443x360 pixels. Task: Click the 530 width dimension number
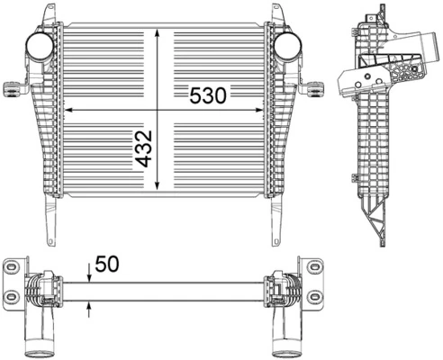(210, 94)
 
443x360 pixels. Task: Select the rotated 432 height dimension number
(144, 148)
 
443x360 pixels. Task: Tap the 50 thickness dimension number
(106, 264)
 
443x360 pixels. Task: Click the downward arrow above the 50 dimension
(89, 274)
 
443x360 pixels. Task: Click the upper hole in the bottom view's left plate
(12, 267)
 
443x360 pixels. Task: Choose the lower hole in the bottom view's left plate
(12, 297)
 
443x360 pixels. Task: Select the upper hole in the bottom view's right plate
(313, 267)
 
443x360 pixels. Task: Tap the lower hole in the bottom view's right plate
(313, 297)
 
